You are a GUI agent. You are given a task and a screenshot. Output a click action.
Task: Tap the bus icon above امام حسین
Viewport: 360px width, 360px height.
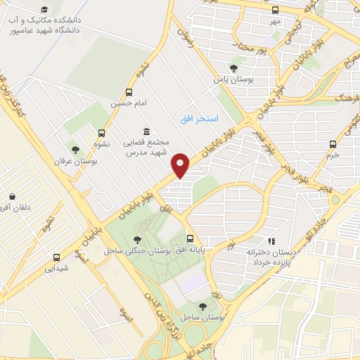pyautogui.click(x=129, y=92)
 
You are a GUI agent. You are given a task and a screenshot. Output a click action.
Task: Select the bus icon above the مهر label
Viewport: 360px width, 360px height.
pyautogui.click(x=275, y=11)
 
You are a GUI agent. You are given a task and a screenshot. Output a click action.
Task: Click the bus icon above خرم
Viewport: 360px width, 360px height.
pyautogui.click(x=333, y=144)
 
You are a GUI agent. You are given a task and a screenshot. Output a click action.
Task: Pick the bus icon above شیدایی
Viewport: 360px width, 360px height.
pyautogui.click(x=56, y=257)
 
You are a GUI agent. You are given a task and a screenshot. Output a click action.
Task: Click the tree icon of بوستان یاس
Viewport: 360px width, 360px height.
pyautogui.click(x=233, y=68)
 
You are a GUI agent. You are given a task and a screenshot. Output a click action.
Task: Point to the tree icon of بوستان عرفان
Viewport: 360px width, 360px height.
pyautogui.click(x=75, y=150)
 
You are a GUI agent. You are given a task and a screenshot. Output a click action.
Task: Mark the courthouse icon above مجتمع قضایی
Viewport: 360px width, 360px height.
pyautogui.click(x=146, y=131)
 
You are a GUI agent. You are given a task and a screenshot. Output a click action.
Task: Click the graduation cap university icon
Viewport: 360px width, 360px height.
pyautogui.click(x=45, y=9)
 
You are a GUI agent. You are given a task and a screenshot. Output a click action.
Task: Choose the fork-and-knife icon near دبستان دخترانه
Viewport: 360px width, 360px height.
pyautogui.click(x=273, y=241)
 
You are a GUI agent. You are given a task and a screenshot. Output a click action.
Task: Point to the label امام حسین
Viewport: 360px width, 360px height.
pyautogui.click(x=129, y=103)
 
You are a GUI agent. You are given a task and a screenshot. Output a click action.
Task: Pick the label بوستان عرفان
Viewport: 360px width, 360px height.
pyautogui.click(x=74, y=161)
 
